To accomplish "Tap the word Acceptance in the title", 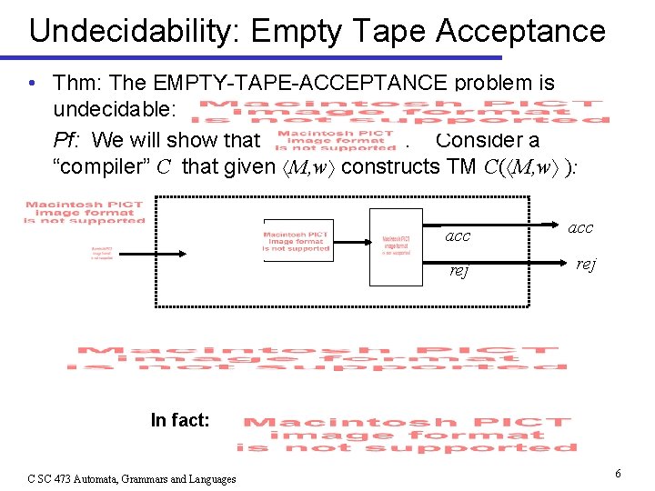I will coord(520,31).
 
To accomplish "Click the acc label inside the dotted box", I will coord(458,235).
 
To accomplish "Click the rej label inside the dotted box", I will coord(460,270).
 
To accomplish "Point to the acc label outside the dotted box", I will coord(579,228).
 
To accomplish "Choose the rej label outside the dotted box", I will coord(585,265).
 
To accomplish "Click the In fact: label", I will coord(180,420).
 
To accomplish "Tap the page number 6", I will coord(618,474).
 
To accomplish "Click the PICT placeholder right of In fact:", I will coord(406,435).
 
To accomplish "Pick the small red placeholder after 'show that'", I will coord(336,140).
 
